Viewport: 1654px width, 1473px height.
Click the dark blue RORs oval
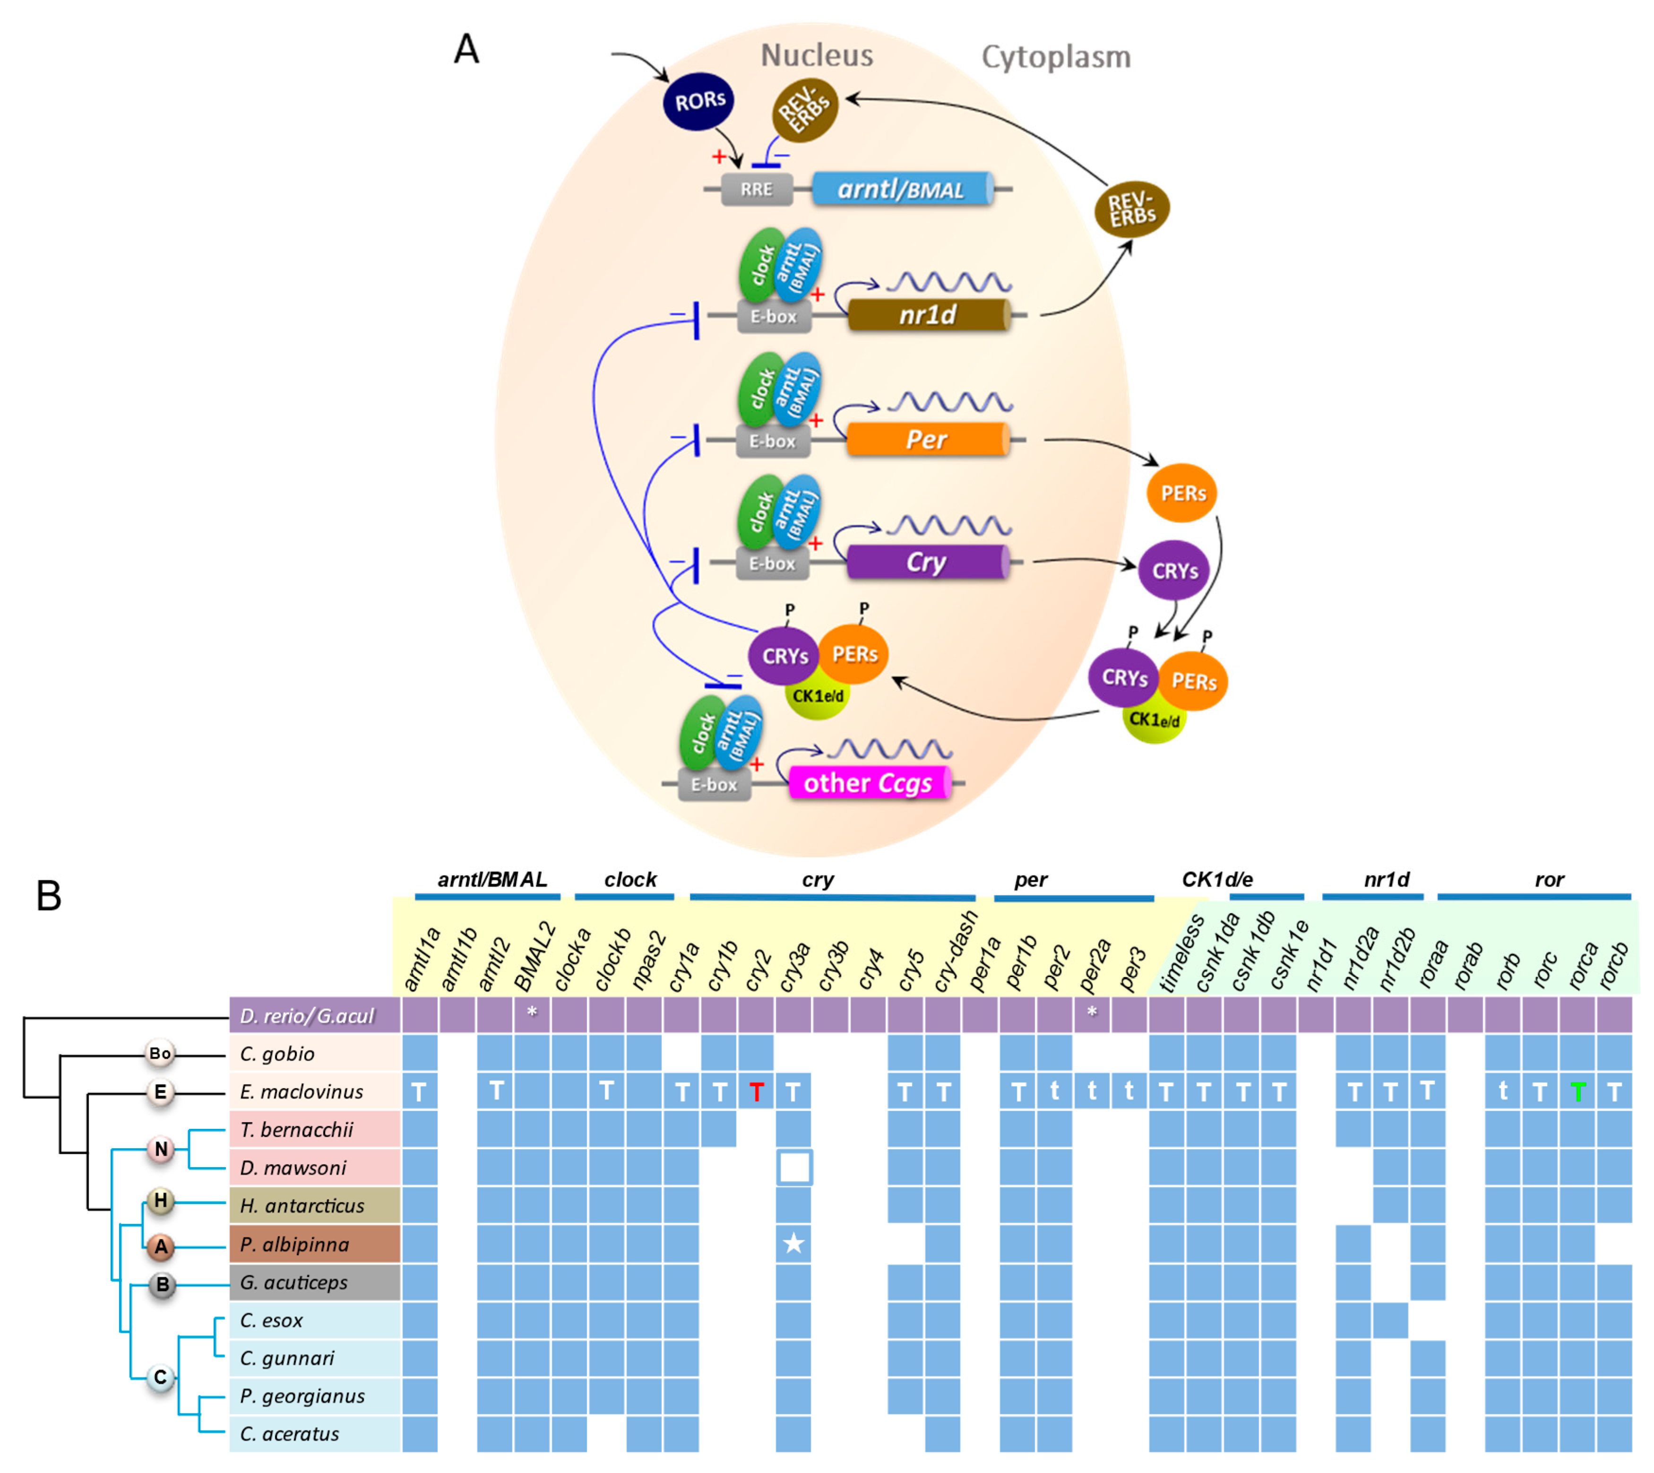(x=699, y=102)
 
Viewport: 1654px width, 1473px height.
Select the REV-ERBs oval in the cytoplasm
(x=1131, y=209)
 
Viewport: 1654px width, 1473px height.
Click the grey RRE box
(x=757, y=190)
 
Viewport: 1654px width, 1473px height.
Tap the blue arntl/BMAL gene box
(x=902, y=190)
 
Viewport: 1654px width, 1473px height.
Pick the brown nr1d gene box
(x=928, y=315)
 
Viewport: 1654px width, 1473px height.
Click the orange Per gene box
(x=927, y=440)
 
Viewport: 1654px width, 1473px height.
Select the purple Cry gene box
(x=927, y=563)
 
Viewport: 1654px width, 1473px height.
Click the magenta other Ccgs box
(x=868, y=783)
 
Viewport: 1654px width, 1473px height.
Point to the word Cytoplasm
(x=1056, y=58)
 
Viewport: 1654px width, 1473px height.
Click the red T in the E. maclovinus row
(x=757, y=1092)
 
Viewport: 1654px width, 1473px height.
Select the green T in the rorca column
(x=1577, y=1092)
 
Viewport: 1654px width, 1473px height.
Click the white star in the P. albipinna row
(x=794, y=1244)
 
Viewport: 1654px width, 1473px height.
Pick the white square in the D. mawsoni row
(x=794, y=1168)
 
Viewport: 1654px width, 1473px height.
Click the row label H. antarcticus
(x=302, y=1206)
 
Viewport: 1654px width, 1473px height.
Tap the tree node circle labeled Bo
(x=160, y=1054)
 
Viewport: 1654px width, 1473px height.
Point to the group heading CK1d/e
(x=1217, y=880)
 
